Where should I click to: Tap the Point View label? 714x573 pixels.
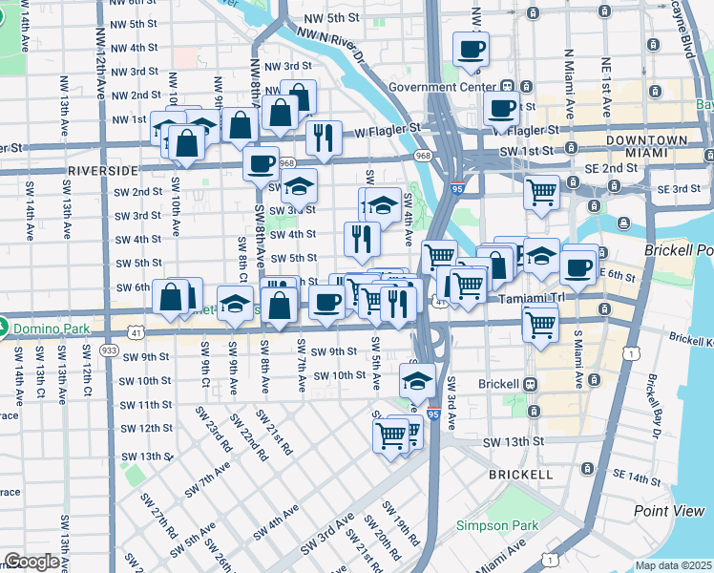(x=669, y=511)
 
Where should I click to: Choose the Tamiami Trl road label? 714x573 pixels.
(x=528, y=299)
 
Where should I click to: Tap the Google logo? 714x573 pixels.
(x=31, y=561)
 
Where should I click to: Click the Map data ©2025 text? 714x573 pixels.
(x=673, y=565)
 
